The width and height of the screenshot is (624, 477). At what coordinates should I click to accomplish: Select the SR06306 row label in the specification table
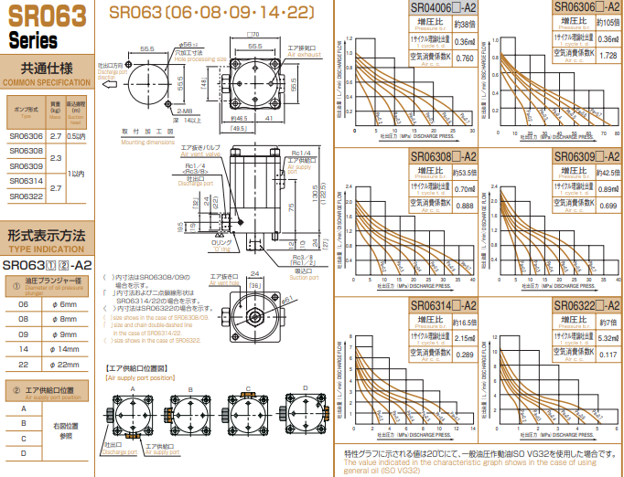(x=27, y=135)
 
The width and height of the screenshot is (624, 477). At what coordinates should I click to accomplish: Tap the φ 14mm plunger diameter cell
(x=67, y=349)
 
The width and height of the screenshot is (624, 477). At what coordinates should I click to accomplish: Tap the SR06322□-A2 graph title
(x=587, y=304)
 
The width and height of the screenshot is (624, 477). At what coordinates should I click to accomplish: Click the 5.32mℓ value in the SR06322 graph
(x=606, y=335)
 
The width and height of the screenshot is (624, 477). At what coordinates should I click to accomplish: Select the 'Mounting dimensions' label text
(x=147, y=142)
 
